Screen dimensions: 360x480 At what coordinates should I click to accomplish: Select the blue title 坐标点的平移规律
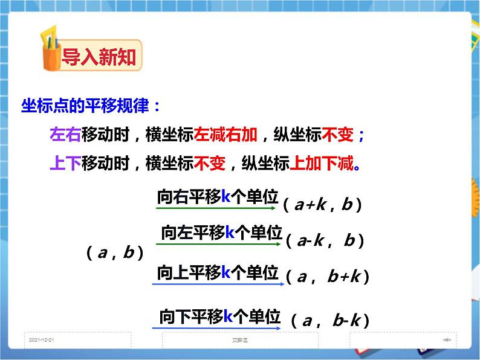click(91, 106)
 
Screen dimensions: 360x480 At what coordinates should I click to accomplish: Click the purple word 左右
click(65, 135)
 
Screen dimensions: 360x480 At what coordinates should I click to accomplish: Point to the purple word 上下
click(65, 164)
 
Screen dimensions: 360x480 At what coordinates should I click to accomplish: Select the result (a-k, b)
click(325, 242)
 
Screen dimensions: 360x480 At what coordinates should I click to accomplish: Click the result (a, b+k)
click(327, 277)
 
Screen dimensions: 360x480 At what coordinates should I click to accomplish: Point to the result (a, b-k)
click(329, 320)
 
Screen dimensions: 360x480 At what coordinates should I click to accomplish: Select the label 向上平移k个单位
click(218, 272)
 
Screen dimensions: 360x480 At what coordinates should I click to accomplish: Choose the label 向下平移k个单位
click(220, 316)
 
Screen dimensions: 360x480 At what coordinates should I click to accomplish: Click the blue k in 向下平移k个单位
click(229, 316)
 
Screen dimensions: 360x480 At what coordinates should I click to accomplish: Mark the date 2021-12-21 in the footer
click(41, 340)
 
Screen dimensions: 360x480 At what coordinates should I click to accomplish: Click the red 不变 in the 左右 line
click(337, 135)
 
